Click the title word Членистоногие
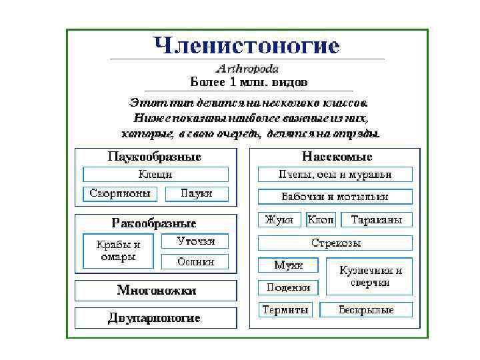pos(247,46)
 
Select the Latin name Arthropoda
pos(247,69)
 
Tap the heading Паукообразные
pos(155,157)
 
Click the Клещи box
pos(155,174)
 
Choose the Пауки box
pos(197,193)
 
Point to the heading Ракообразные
pos(154,223)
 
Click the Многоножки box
pos(156,290)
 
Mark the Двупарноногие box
pos(155,317)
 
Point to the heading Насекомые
pos(337,157)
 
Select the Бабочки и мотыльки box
pos(335,197)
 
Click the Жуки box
pos(279,219)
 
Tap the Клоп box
pos(321,219)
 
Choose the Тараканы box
pos(377,219)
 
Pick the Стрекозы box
pos(335,242)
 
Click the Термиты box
pos(285,310)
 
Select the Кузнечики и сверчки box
pos(370,276)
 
